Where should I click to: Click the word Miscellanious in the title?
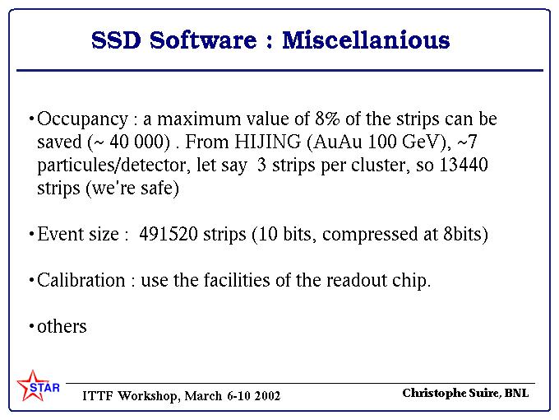click(x=366, y=40)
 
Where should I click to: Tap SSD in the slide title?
click(x=116, y=40)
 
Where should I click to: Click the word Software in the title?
click(x=203, y=40)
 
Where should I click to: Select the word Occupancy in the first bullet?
click(x=82, y=119)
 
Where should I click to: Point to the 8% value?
click(x=327, y=119)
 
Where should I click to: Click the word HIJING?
click(x=268, y=142)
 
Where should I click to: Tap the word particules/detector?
click(x=112, y=166)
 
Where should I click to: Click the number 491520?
click(x=169, y=234)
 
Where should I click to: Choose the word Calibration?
click(x=81, y=280)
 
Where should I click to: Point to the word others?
click(x=62, y=326)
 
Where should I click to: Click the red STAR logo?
click(x=38, y=386)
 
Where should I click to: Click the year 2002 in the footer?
click(x=267, y=396)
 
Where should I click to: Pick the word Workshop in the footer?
click(x=149, y=396)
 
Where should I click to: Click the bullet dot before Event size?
click(x=32, y=234)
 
